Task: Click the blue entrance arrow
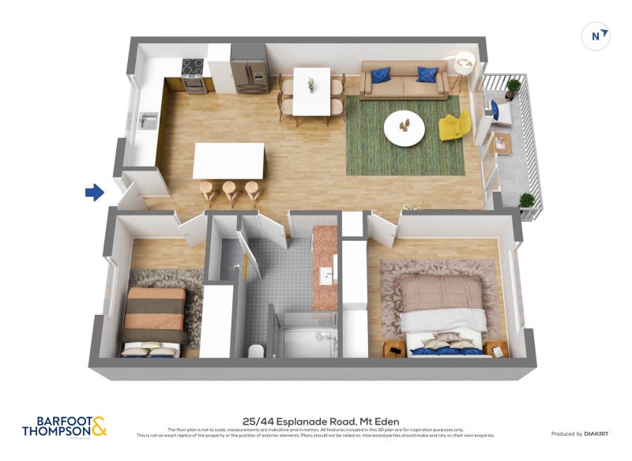click(95, 191)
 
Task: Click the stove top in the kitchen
click(194, 66)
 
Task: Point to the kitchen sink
click(149, 121)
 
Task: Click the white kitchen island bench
click(228, 160)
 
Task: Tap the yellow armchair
click(454, 127)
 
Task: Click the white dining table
click(311, 90)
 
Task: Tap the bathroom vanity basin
click(325, 276)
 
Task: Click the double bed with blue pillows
click(442, 316)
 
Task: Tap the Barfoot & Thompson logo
click(64, 427)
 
